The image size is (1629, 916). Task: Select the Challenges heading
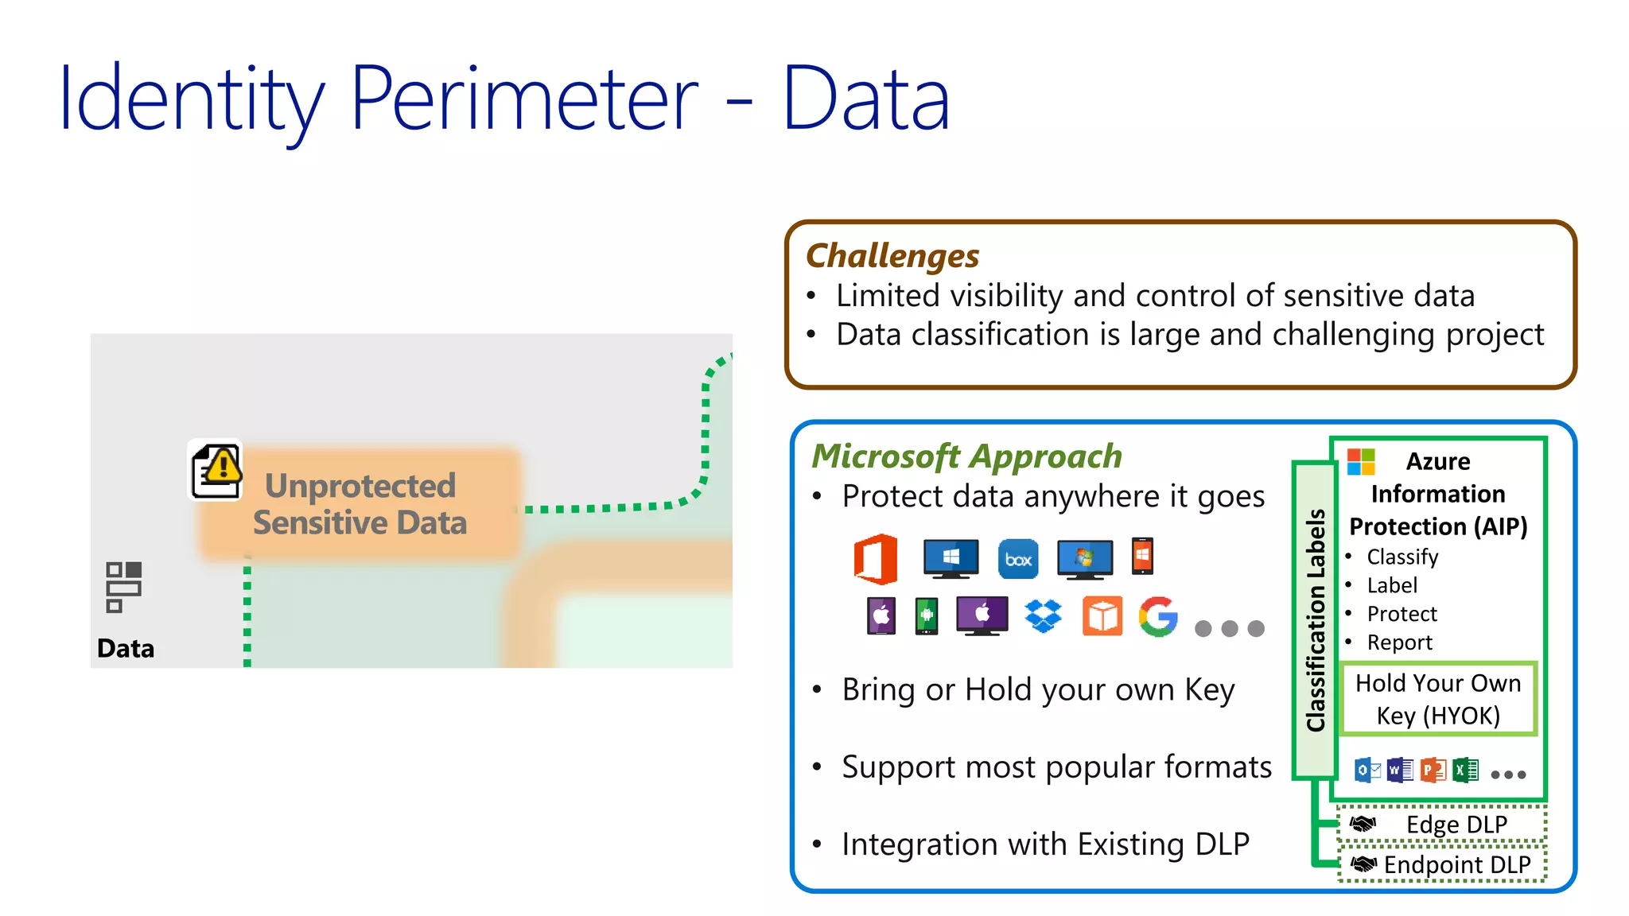tap(892, 256)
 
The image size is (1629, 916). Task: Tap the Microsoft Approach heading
tap(966, 456)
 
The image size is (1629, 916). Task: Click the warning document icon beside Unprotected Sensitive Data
tap(216, 471)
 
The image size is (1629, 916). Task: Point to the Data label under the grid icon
tap(126, 648)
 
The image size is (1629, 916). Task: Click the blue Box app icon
tap(1018, 559)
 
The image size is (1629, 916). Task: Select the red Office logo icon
tap(876, 559)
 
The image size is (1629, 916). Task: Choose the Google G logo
tap(1158, 616)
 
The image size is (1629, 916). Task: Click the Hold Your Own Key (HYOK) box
tap(1438, 699)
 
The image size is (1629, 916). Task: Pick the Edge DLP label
tap(1456, 825)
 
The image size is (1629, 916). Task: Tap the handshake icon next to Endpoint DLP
tap(1363, 864)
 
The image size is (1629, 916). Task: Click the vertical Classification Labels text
tap(1316, 620)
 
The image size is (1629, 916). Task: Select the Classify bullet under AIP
tap(1402, 557)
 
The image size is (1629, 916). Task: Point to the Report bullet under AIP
tap(1399, 642)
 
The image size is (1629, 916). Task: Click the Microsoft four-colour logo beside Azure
tap(1361, 461)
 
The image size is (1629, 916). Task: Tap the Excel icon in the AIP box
tap(1465, 770)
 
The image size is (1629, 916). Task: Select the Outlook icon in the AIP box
tap(1367, 770)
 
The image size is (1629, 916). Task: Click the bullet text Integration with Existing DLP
tap(1045, 844)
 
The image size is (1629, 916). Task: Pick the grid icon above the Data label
tap(123, 587)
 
